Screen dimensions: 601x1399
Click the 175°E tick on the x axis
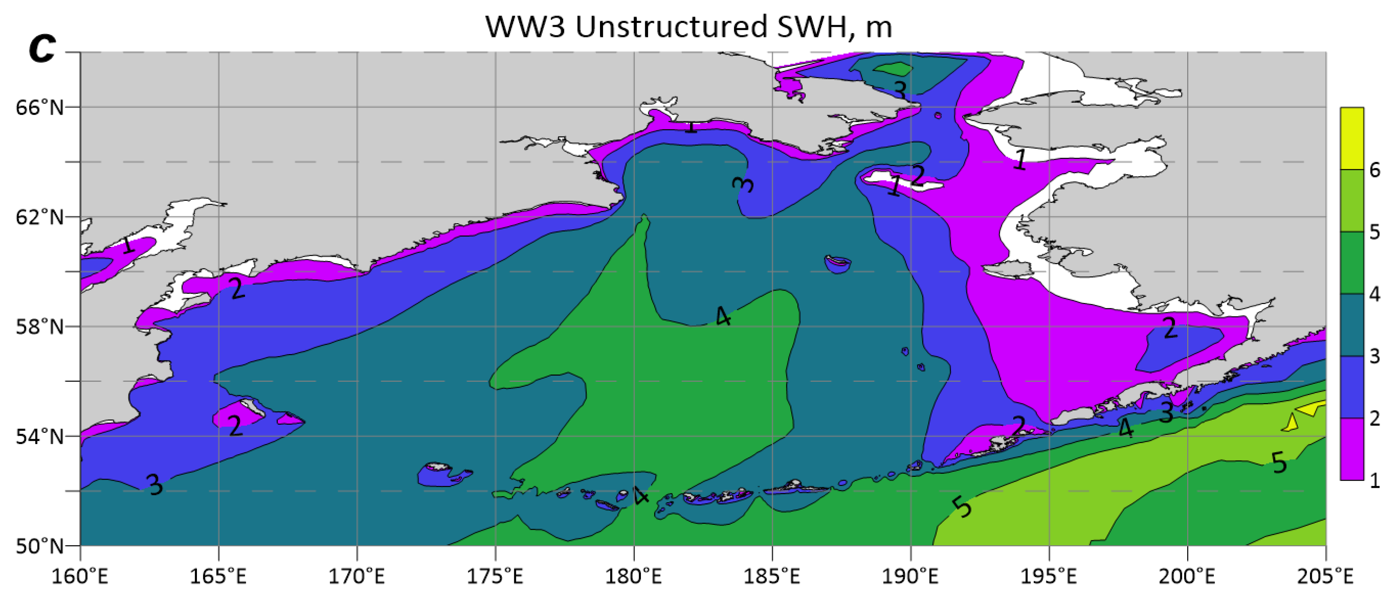495,576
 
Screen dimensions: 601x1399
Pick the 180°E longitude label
634,576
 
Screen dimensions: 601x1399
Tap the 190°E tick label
910,576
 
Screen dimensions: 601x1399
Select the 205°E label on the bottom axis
1325,576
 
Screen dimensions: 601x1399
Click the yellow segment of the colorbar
1352,139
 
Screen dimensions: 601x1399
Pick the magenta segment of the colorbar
1352,449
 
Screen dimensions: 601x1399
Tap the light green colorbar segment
1352,201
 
